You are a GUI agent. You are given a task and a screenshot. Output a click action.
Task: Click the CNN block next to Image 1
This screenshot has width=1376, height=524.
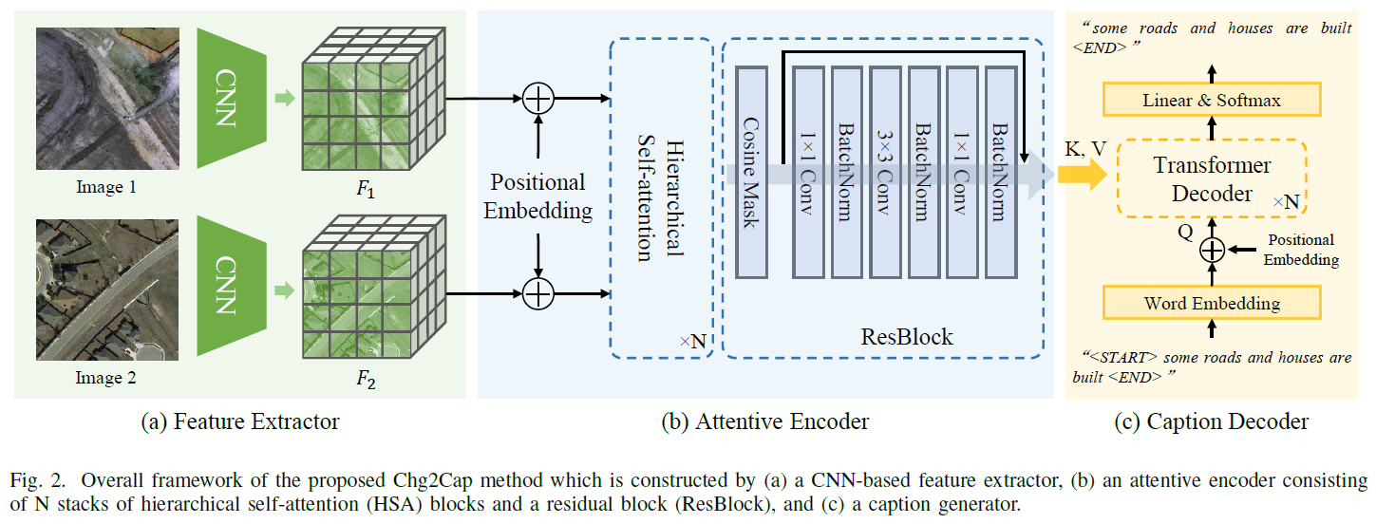point(227,97)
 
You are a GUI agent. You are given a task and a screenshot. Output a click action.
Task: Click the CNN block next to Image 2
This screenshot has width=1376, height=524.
point(227,285)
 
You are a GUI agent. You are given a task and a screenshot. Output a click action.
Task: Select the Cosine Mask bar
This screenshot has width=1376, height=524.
point(749,172)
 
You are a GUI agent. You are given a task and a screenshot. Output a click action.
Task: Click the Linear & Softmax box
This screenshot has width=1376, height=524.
point(1212,100)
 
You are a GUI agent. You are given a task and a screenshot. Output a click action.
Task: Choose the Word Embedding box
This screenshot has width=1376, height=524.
point(1212,304)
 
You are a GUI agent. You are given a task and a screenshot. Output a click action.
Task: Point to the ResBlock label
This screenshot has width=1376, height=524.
point(906,337)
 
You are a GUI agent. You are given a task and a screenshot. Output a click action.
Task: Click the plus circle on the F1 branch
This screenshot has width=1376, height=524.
point(538,98)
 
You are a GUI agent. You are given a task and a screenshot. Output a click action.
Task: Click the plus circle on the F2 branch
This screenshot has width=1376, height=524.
point(538,295)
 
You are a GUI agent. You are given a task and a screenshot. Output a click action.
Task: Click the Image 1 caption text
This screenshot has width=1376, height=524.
point(106,188)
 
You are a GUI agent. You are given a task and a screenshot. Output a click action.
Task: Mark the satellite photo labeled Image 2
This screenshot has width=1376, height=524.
point(106,289)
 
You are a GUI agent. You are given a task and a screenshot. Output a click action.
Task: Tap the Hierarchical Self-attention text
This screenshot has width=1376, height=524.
point(661,196)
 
